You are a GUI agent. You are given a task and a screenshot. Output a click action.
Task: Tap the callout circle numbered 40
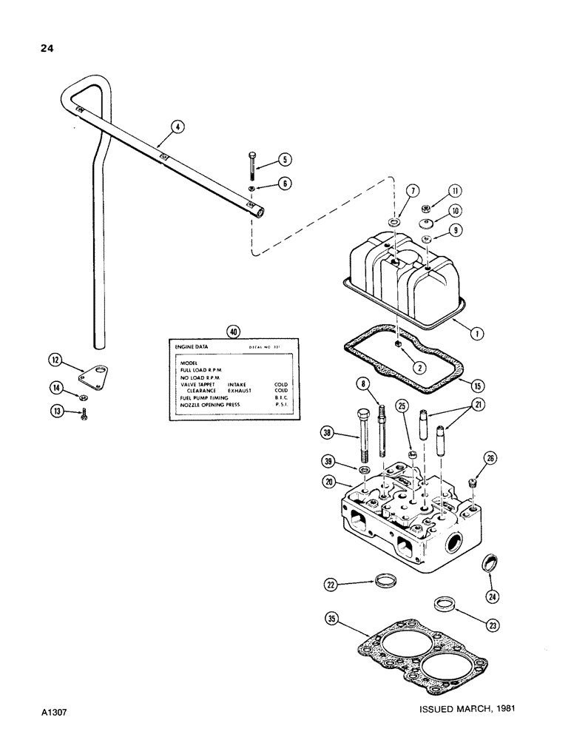(234, 332)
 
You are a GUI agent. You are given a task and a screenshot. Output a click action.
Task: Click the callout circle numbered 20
(330, 482)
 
